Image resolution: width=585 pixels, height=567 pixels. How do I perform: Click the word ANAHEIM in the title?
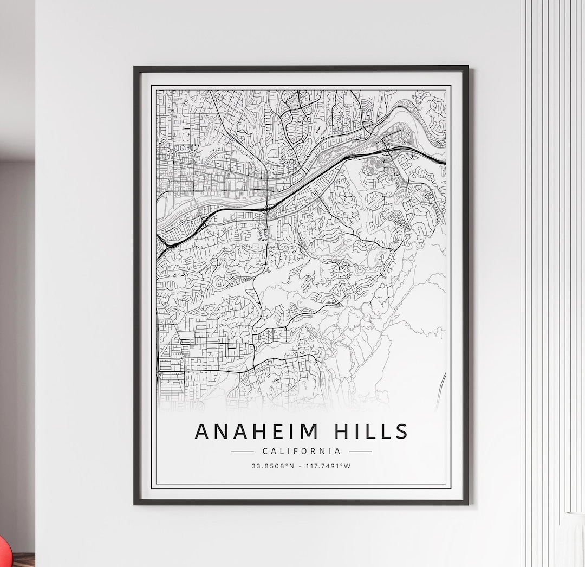pyautogui.click(x=257, y=431)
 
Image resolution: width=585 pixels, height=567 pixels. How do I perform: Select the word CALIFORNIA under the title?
pyautogui.click(x=301, y=451)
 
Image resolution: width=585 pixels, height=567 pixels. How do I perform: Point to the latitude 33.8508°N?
pyautogui.click(x=272, y=466)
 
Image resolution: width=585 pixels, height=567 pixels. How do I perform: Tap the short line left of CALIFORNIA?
pyautogui.click(x=242, y=451)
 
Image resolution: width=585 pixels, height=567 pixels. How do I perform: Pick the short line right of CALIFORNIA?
pyautogui.click(x=360, y=451)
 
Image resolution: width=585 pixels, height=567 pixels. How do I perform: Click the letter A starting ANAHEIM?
pyautogui.click(x=203, y=431)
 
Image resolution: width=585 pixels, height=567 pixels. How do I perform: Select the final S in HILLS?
pyautogui.click(x=401, y=431)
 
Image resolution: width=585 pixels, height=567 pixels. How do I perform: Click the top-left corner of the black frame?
pyautogui.click(x=135, y=67)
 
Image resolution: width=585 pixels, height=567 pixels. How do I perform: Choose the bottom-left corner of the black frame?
pyautogui.click(x=135, y=504)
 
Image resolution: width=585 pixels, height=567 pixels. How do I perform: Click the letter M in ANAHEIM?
pyautogui.click(x=309, y=431)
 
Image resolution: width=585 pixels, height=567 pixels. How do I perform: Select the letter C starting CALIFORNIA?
pyautogui.click(x=264, y=451)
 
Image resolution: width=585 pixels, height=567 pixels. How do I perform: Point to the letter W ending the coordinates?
pyautogui.click(x=348, y=466)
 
